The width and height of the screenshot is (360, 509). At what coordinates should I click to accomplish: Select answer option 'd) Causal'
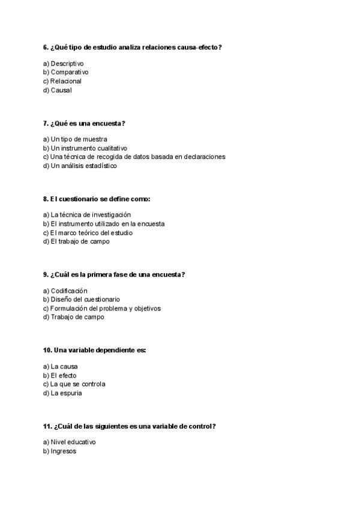pos(57,91)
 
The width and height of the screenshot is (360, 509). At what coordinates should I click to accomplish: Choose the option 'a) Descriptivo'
pos(63,63)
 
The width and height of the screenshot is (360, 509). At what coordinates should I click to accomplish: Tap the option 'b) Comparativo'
pos(65,72)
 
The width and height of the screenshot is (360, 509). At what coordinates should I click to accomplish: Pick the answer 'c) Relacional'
pos(62,81)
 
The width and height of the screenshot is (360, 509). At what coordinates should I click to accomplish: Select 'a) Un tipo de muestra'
pos(75,139)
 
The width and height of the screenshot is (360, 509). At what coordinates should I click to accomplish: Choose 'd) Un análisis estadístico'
pos(80,166)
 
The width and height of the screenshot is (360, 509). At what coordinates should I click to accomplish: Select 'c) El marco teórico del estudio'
pos(88,233)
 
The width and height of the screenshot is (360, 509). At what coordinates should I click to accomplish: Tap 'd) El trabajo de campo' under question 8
pos(76,242)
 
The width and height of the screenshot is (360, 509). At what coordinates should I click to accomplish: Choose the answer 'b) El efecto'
pos(59,376)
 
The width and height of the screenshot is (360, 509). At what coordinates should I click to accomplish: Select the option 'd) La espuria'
pos(62,393)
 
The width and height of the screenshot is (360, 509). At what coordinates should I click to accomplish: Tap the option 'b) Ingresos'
pos(59,451)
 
